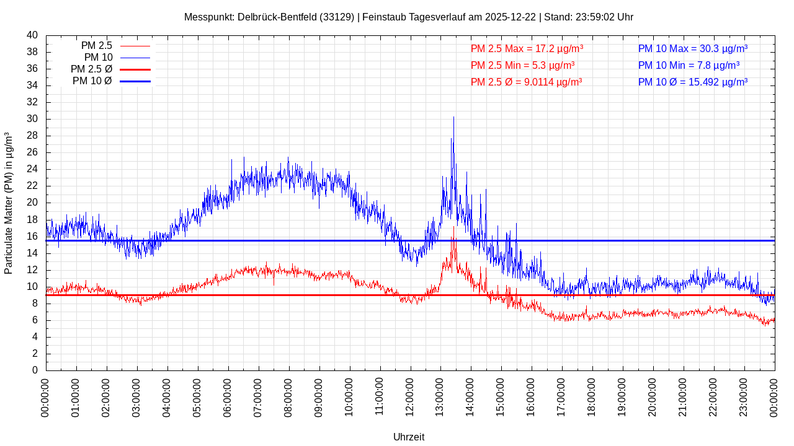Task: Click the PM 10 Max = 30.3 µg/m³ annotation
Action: (692, 48)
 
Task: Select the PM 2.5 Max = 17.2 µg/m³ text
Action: (527, 48)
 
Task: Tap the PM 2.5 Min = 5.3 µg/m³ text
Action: (522, 65)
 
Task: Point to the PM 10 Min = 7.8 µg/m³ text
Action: (689, 65)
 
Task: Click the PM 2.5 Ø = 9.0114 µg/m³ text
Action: (526, 82)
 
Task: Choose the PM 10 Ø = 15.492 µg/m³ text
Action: (692, 82)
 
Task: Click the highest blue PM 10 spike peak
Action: (453, 117)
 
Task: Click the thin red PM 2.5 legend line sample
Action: (135, 46)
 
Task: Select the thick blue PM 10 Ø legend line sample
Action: (135, 81)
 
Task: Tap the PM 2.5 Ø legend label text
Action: (91, 69)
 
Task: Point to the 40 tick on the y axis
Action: (32, 35)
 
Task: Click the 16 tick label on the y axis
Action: (32, 237)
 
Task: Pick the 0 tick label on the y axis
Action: (35, 370)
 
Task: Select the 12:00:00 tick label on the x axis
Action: (409, 396)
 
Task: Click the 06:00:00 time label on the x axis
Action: (228, 396)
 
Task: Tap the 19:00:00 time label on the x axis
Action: (622, 396)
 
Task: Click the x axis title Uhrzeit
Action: (409, 437)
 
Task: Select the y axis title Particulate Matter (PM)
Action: (9, 203)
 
